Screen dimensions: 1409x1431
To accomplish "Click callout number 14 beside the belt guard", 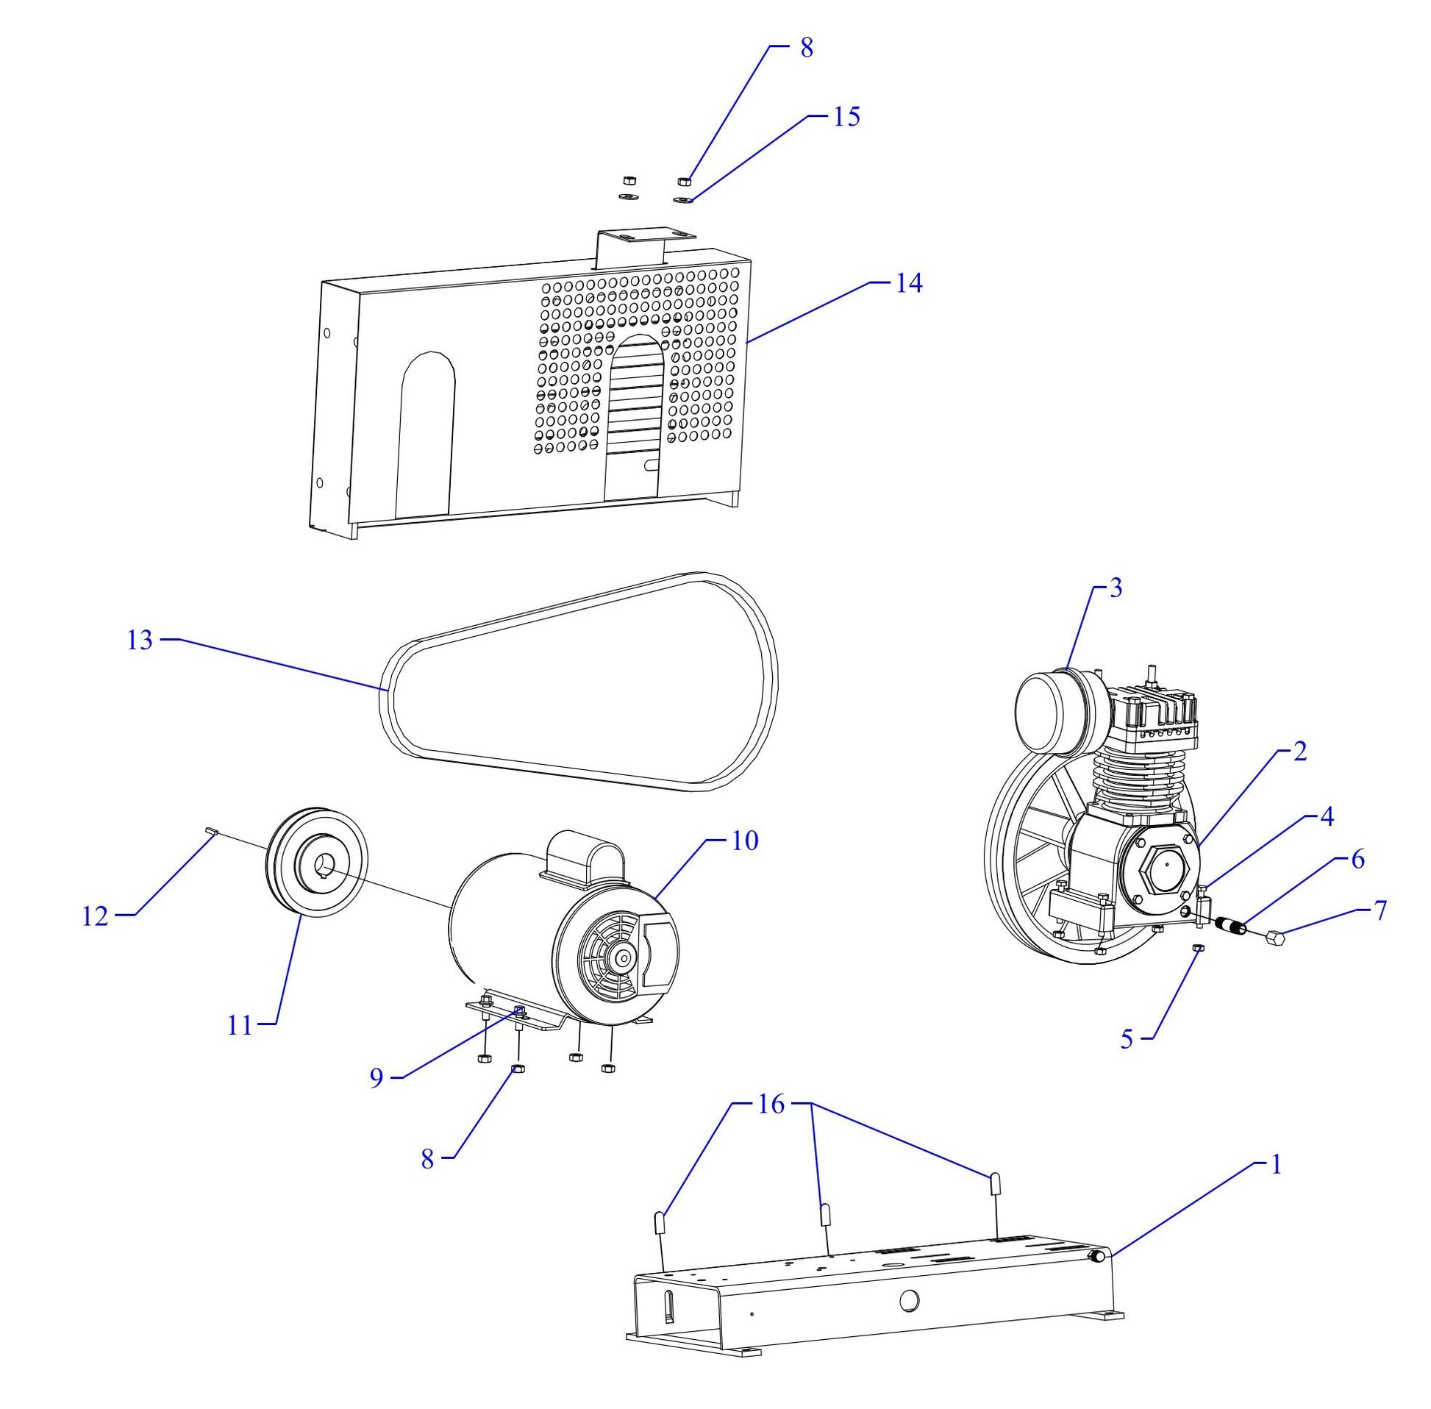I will [x=909, y=283].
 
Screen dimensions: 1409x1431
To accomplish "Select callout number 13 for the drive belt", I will [x=139, y=640].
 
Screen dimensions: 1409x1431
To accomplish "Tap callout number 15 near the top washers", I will [x=847, y=117].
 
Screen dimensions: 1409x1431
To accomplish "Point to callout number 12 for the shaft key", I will [x=96, y=917].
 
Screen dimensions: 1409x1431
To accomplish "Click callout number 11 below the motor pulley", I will [x=240, y=1027].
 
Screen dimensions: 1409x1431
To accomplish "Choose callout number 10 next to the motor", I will [x=746, y=841].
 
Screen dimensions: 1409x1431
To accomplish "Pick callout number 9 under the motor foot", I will [x=377, y=1078].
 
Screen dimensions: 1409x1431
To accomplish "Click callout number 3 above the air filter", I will [x=1116, y=588].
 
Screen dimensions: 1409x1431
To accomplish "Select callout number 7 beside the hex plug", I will [x=1380, y=910].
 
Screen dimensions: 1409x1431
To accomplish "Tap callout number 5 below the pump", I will [x=1127, y=1039].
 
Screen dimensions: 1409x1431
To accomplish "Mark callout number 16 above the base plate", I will [x=770, y=1105].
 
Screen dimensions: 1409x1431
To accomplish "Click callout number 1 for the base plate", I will [x=1275, y=1165].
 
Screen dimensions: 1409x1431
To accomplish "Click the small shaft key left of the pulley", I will [x=210, y=832].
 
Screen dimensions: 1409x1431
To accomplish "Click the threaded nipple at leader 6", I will [x=1231, y=924].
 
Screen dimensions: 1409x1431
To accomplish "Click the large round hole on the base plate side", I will [x=910, y=1299].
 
